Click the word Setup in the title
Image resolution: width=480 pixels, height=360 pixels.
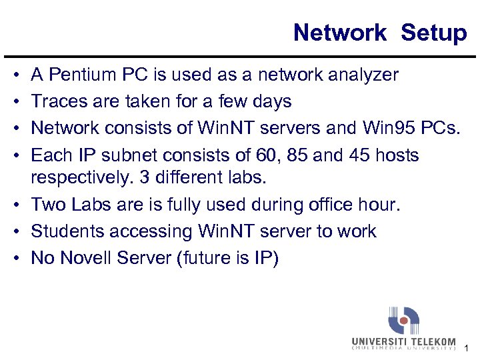434,32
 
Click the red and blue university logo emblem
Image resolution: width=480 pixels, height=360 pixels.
403,321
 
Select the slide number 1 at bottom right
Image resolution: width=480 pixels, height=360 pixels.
467,347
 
